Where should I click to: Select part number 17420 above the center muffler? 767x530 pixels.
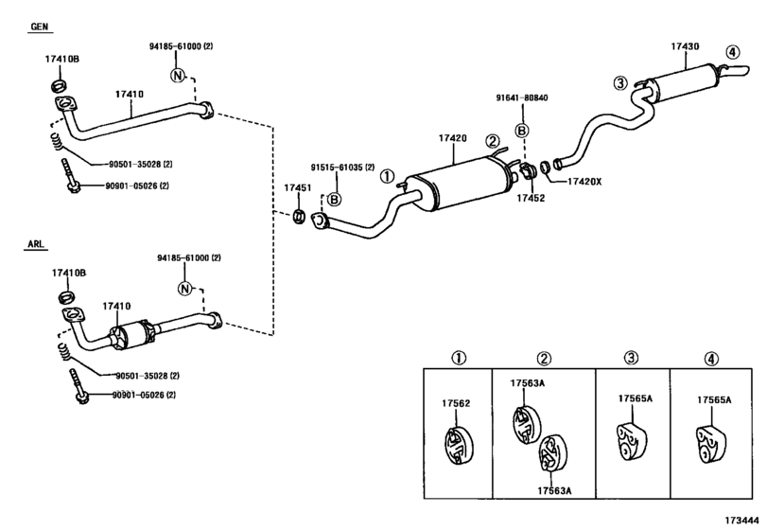click(452, 138)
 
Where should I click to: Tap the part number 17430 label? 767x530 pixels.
click(686, 46)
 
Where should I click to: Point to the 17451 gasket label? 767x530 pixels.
click(298, 188)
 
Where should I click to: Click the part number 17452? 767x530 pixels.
click(530, 198)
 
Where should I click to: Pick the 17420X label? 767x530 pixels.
click(584, 181)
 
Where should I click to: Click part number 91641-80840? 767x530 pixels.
click(521, 97)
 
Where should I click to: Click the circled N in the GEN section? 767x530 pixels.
click(177, 75)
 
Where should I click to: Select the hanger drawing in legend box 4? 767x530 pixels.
click(708, 441)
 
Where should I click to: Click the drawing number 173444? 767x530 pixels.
click(744, 520)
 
